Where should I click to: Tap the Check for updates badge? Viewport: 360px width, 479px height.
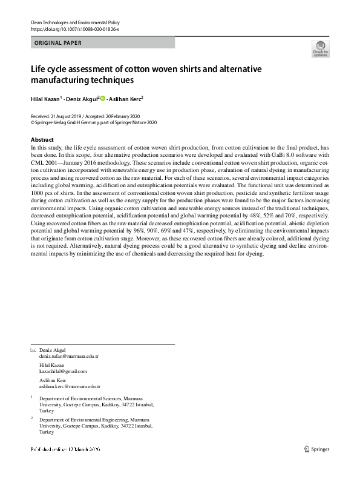pos(319,48)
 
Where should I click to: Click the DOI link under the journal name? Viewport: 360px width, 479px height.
pos(74,29)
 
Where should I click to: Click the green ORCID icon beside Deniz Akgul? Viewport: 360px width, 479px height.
pos(102,98)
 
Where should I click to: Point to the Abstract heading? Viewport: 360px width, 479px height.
pos(42,140)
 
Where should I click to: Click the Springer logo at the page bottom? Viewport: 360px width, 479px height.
pos(318,448)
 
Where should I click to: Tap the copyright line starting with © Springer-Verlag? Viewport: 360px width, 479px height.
pos(94,122)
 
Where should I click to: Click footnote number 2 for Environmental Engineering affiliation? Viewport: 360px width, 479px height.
pos(31,418)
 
